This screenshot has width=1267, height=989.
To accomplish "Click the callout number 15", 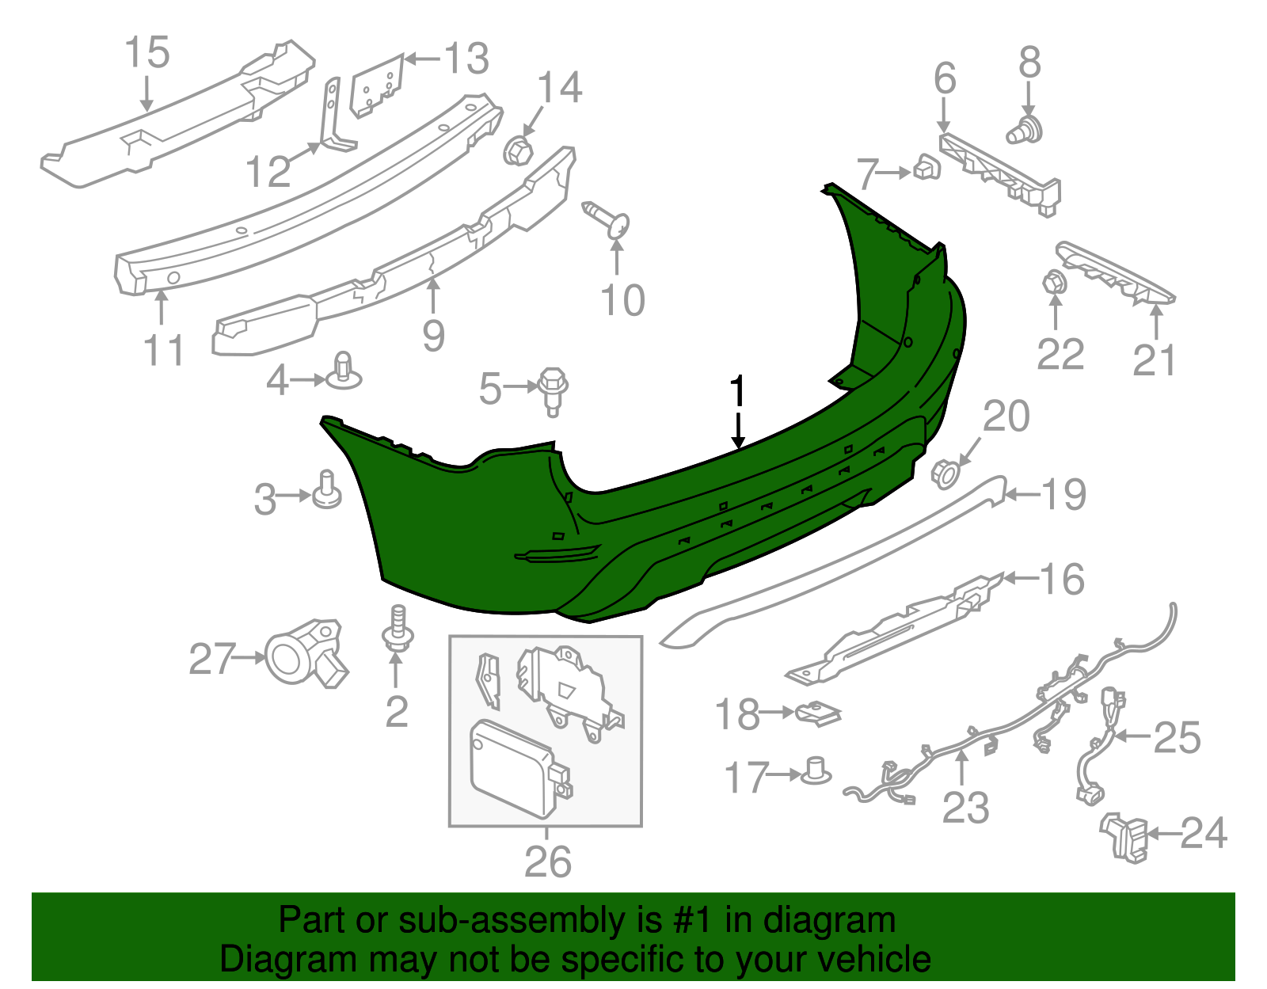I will [x=147, y=53].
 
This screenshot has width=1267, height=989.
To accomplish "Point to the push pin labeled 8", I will [x=1026, y=131].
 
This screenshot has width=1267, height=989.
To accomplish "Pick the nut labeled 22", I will [x=1054, y=282].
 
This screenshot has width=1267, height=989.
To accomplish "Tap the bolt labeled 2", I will [x=398, y=630].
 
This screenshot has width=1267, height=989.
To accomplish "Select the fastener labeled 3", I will [x=326, y=491].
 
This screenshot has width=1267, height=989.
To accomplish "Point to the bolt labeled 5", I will [x=552, y=389].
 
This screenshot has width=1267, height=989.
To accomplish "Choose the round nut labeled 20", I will [x=945, y=473].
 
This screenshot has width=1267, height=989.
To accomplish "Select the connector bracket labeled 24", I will [x=1124, y=835].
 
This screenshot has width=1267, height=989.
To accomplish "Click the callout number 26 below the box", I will [x=547, y=862].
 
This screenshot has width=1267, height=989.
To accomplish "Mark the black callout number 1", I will [x=737, y=392].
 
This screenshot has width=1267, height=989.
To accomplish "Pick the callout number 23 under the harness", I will [x=965, y=808].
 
